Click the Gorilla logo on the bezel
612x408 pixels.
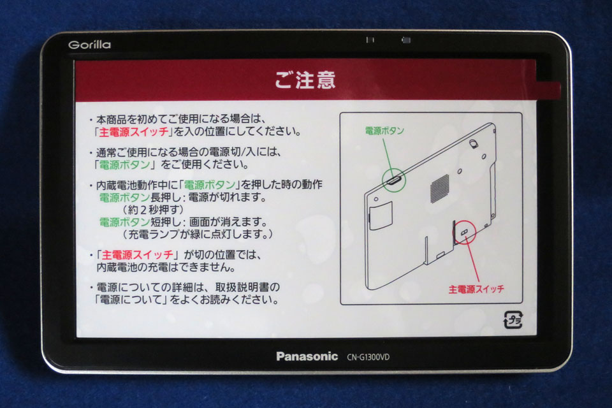pyautogui.click(x=89, y=45)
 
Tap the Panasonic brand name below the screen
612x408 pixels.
pyautogui.click(x=307, y=356)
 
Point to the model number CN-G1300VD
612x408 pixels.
pyautogui.click(x=368, y=357)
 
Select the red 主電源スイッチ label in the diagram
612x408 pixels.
pyautogui.click(x=476, y=289)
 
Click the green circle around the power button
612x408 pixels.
pyautogui.click(x=393, y=180)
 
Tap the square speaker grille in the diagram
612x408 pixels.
pyautogui.click(x=439, y=187)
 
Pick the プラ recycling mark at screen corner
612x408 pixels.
pyautogui.click(x=513, y=319)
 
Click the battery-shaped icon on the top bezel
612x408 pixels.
pyautogui.click(x=405, y=40)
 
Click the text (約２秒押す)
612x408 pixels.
pyautogui.click(x=152, y=209)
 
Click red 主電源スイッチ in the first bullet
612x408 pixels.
pyautogui.click(x=134, y=132)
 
